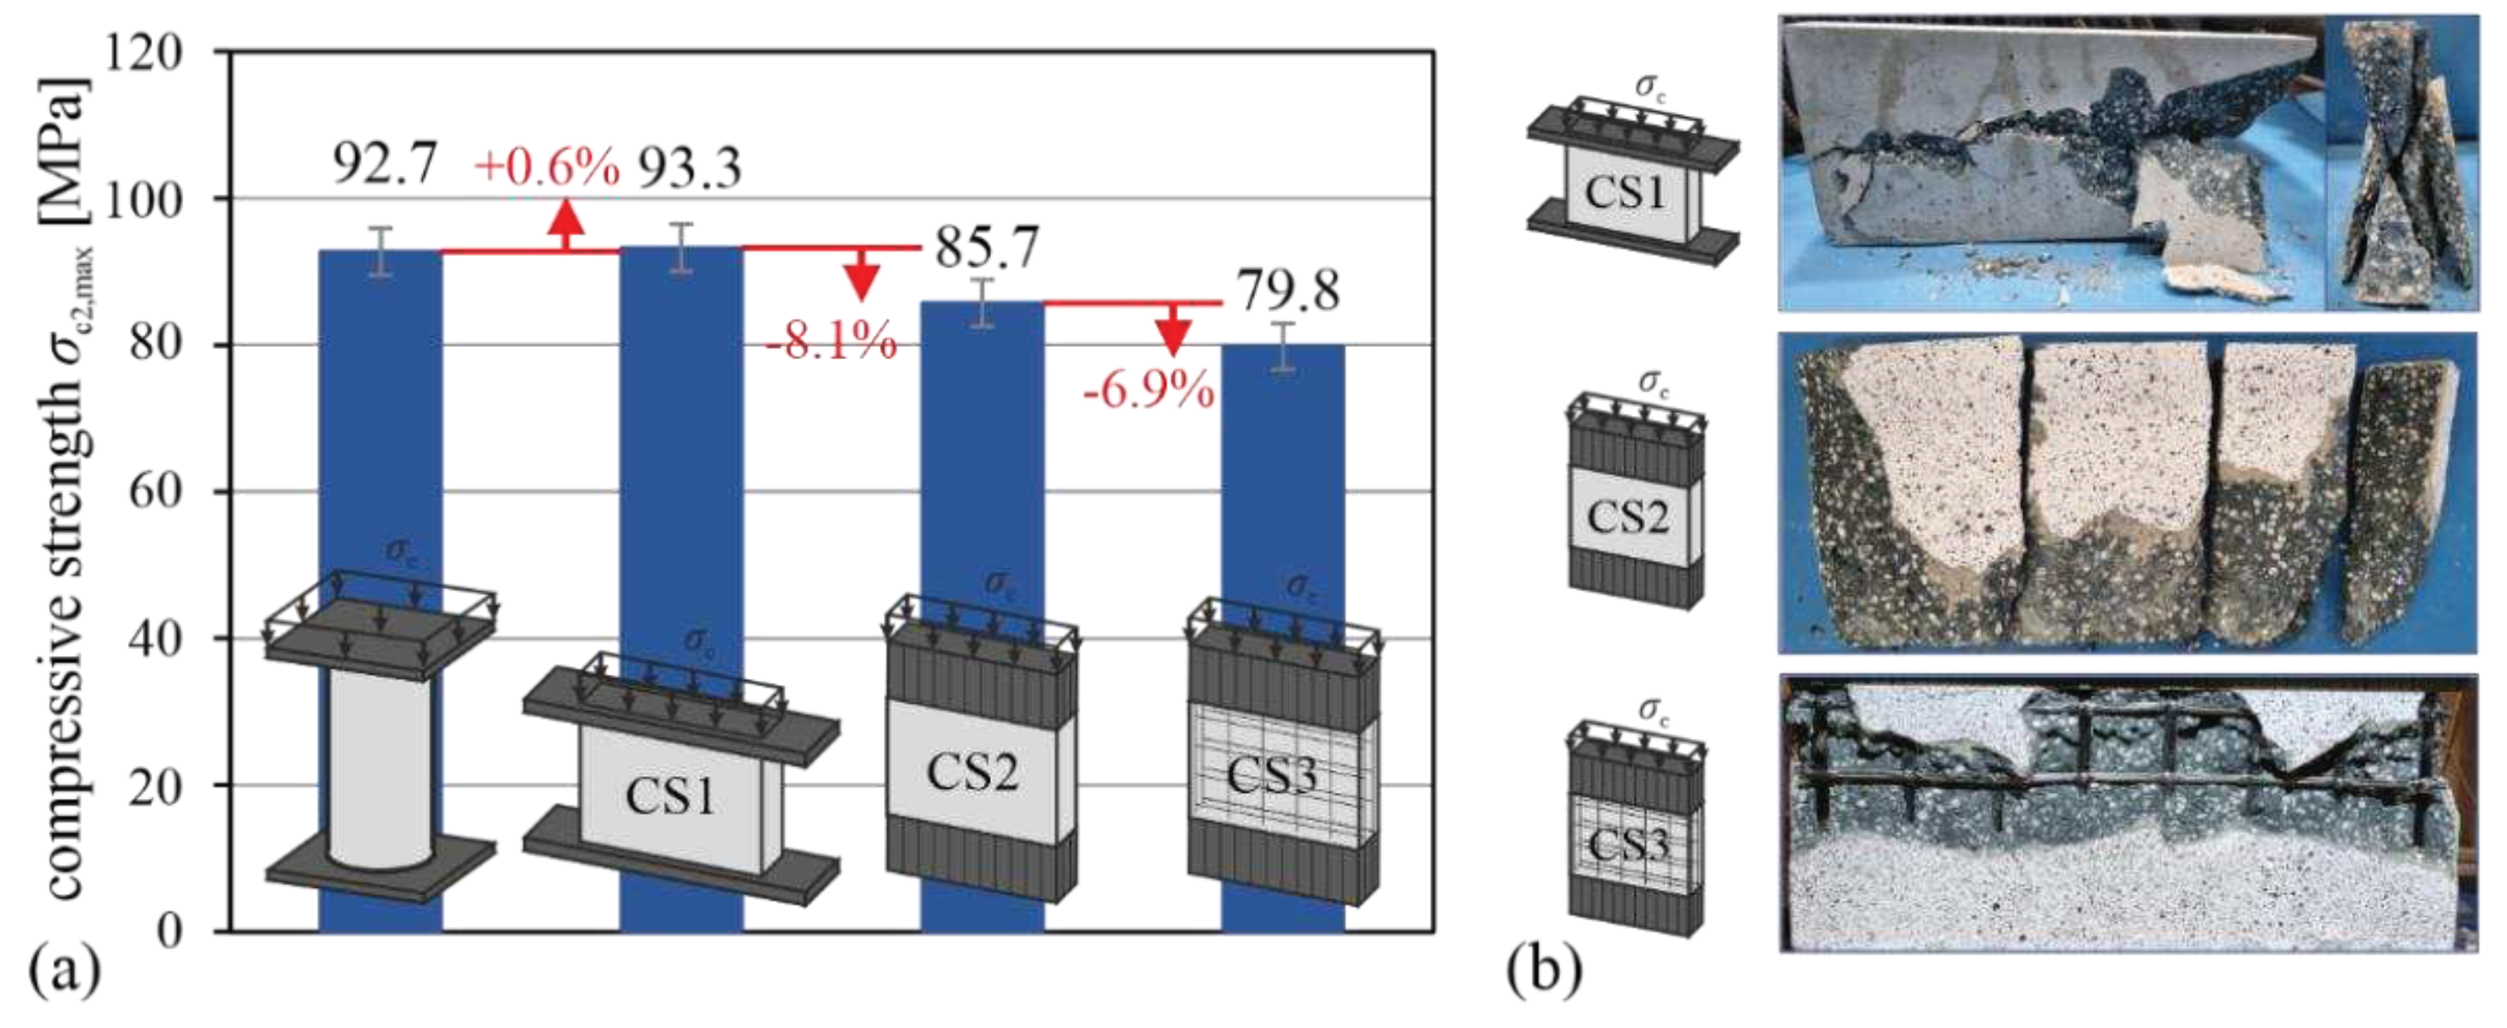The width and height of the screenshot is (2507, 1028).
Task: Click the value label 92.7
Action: point(386,164)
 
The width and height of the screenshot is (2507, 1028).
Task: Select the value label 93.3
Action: point(689,167)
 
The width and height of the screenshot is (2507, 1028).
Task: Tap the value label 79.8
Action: point(1288,290)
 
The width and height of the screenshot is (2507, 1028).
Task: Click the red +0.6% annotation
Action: point(547,167)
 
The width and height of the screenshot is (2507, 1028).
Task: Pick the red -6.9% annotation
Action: point(1149,390)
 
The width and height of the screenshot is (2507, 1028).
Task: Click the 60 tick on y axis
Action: point(156,492)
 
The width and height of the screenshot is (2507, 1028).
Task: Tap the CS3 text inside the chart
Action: point(1271,776)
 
